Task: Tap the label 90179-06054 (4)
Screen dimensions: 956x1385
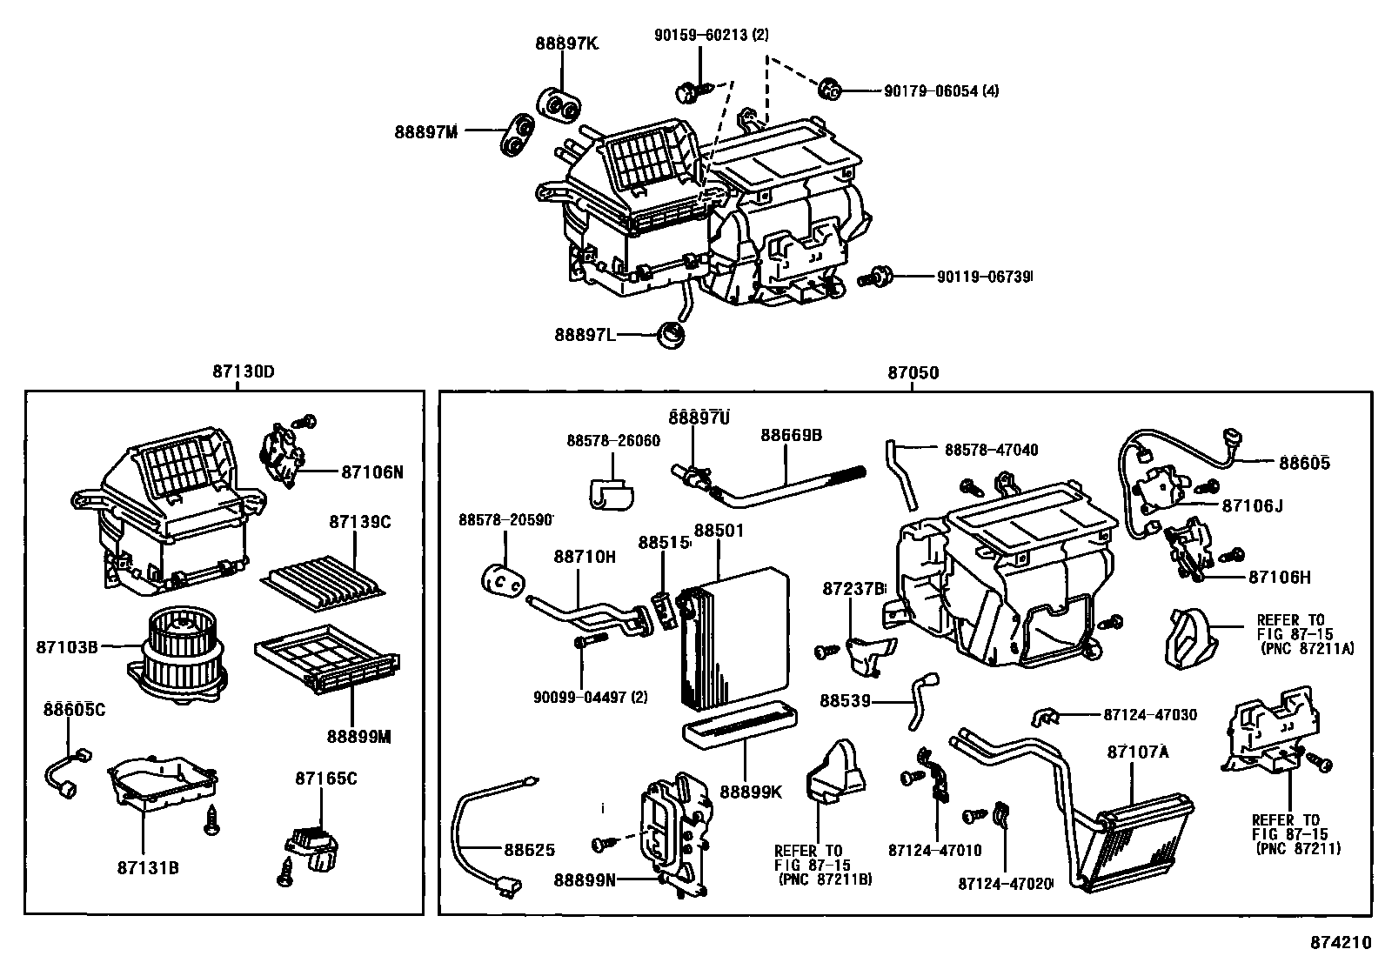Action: (941, 90)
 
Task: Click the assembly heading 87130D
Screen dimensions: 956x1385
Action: (243, 372)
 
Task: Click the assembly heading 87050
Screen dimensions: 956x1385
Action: (913, 372)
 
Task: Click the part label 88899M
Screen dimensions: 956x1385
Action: (359, 736)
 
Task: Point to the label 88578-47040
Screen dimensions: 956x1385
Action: (991, 451)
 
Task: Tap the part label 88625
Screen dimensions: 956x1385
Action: (530, 849)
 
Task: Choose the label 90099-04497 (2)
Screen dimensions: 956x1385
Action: (591, 698)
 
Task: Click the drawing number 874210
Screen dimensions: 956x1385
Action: (1342, 943)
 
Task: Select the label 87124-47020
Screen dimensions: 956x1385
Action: (1005, 884)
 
